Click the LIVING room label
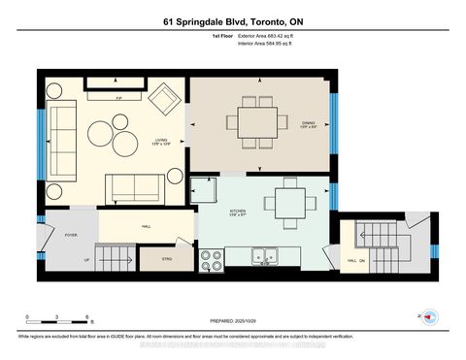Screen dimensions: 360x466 161,142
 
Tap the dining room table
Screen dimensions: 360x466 256,122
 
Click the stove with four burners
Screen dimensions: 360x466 211,258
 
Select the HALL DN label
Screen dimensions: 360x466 355,261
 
